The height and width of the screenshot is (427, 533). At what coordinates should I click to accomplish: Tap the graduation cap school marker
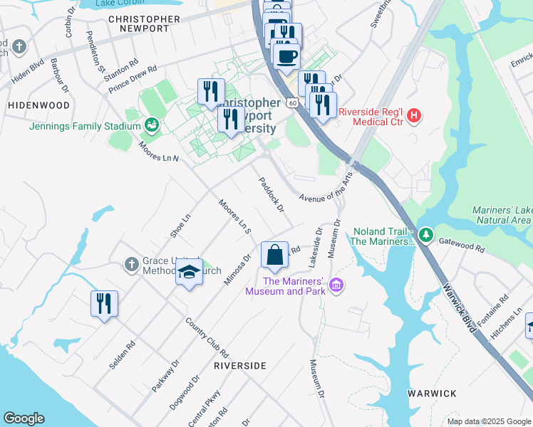point(190,273)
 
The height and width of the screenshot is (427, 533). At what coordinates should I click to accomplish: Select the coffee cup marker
point(286,56)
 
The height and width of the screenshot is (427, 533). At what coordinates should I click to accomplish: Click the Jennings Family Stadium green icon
point(152,126)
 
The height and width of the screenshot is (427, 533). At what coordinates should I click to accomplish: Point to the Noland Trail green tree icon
point(425,234)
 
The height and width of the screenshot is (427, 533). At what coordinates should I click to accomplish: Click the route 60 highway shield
point(293,103)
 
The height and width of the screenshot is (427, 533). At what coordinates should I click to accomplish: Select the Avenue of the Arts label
point(326,189)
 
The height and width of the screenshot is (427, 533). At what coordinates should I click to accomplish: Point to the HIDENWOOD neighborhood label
point(38,105)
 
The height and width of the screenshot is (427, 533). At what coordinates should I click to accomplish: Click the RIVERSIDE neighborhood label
point(240,365)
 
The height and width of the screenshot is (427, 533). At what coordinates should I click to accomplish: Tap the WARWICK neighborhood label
point(432,393)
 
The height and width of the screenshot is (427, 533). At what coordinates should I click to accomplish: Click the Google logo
point(24,418)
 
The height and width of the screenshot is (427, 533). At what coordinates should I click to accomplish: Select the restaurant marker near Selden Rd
point(104,304)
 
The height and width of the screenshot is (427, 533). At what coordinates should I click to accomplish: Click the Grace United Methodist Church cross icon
point(131,265)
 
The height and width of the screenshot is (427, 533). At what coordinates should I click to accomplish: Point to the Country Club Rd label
point(207,337)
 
